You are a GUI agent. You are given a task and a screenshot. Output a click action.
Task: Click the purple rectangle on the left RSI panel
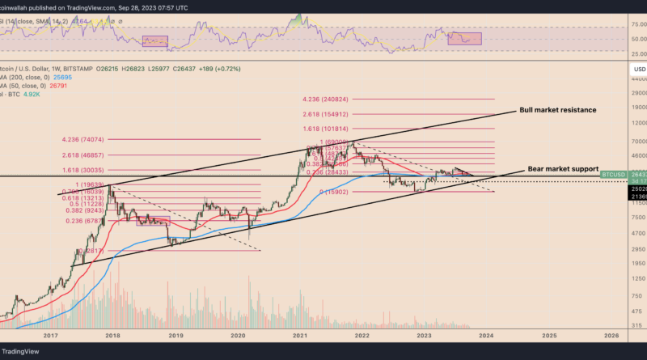[154, 41]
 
